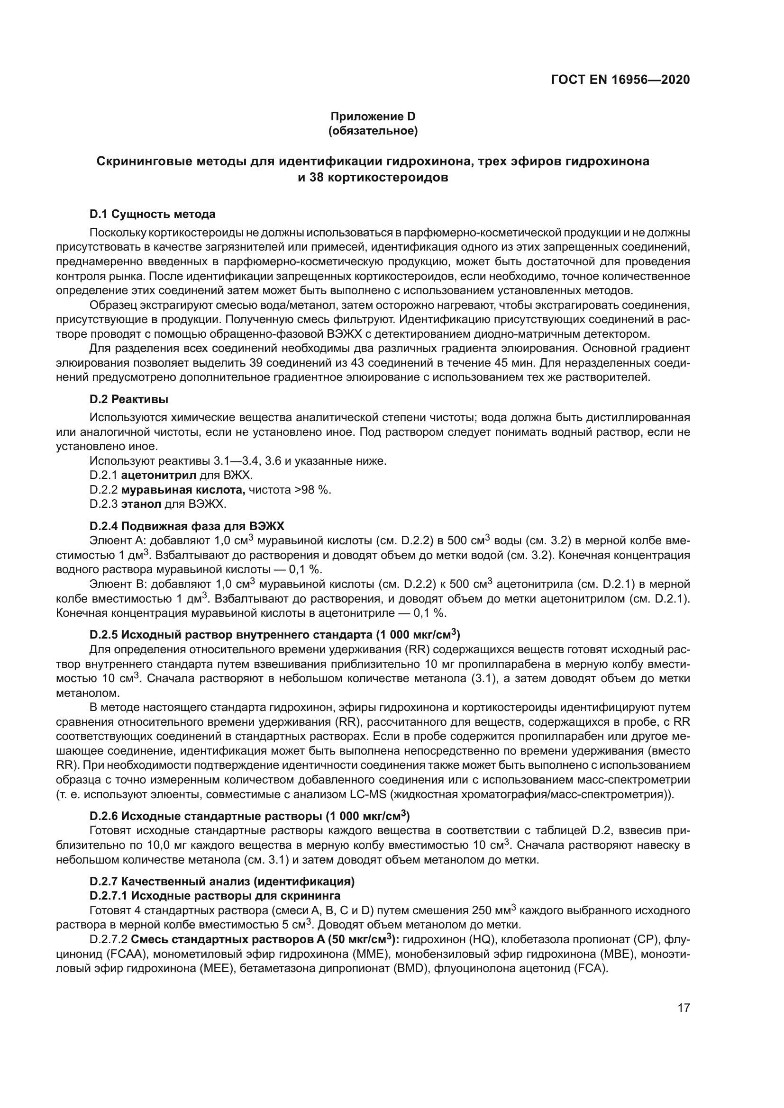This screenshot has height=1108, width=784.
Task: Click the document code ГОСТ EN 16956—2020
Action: [x=620, y=80]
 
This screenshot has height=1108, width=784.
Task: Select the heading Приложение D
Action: [x=373, y=117]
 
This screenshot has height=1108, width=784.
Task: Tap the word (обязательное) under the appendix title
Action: [x=373, y=131]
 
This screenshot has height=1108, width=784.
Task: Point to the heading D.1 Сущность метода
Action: [x=153, y=214]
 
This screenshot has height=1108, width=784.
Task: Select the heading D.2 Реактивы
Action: [x=129, y=399]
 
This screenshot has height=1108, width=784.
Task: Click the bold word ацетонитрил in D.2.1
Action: [x=159, y=475]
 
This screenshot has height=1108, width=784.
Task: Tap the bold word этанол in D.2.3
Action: [x=141, y=504]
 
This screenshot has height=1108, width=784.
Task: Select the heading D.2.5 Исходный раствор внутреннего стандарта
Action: [x=274, y=634]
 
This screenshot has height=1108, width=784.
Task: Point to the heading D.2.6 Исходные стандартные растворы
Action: [x=249, y=816]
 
